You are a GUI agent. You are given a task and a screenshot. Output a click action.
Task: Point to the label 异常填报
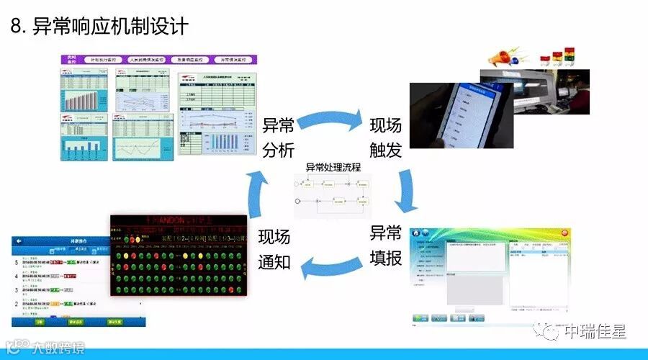385,245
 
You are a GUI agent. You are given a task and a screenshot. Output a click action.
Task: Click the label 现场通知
274,248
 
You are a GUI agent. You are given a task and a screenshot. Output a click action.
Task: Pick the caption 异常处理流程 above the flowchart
333,167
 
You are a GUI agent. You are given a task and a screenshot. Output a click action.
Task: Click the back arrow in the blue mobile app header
19,241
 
